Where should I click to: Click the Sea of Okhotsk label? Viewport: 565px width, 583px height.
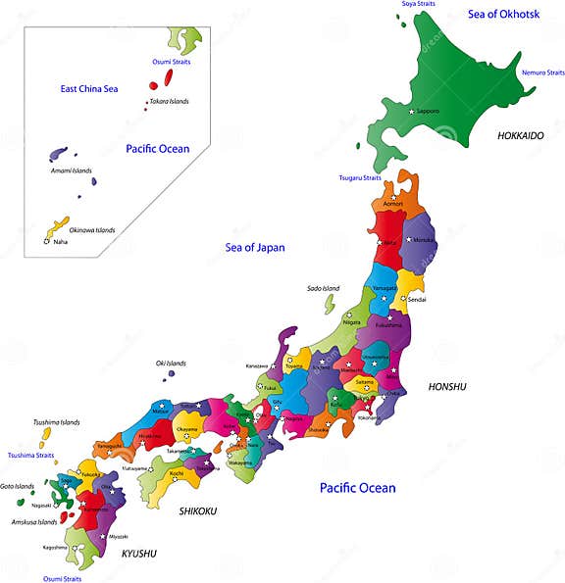[502, 14]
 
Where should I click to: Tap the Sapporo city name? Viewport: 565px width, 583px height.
[428, 112]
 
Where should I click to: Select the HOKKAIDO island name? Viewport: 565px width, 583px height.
[520, 134]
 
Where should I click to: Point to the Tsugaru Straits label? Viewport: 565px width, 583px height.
[359, 177]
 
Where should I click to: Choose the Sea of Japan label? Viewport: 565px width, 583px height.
[255, 247]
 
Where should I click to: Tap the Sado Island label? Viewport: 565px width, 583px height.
[323, 288]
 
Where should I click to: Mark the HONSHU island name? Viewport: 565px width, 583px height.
[447, 386]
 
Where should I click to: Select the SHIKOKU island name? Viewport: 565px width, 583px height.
[197, 510]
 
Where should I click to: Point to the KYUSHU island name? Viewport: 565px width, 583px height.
[138, 554]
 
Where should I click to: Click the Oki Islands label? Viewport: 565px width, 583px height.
[171, 363]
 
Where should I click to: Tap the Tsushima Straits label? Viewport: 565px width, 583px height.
[30, 456]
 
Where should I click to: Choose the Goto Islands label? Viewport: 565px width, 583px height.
[18, 486]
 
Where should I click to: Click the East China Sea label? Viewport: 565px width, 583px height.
[89, 89]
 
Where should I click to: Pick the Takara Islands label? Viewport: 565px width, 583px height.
[169, 101]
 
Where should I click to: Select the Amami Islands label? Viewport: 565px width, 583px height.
[71, 170]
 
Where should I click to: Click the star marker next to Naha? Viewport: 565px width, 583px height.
[45, 241]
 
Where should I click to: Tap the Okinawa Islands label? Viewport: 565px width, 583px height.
[92, 230]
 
